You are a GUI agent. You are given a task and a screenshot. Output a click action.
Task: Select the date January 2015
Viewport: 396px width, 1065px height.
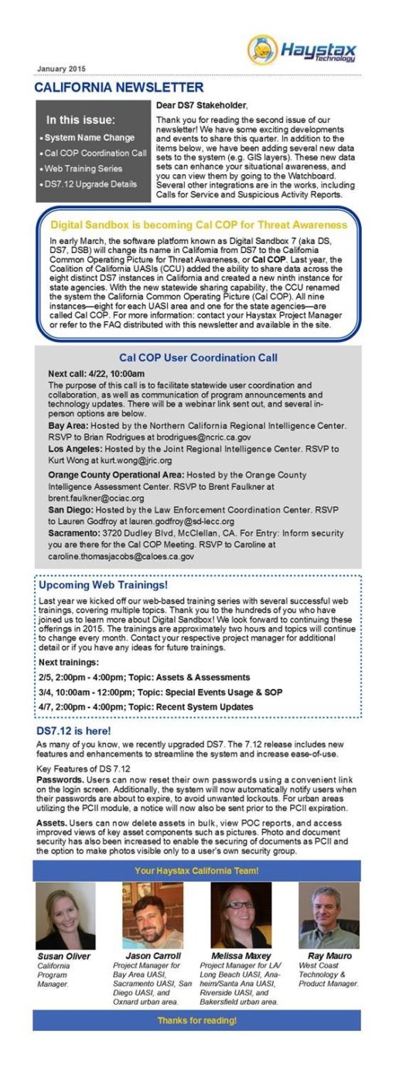[61, 68]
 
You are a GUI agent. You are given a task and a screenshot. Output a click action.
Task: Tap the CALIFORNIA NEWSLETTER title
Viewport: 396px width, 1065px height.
[119, 87]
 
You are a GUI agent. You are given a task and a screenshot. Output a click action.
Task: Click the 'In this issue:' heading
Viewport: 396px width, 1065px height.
[80, 120]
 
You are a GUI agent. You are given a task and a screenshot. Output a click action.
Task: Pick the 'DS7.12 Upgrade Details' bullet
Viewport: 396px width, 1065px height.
[91, 183]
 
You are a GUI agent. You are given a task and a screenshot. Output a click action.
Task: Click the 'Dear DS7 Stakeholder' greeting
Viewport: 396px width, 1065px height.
[202, 105]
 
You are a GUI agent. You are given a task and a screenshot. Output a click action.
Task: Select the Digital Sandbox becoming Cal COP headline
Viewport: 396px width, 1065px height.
[198, 224]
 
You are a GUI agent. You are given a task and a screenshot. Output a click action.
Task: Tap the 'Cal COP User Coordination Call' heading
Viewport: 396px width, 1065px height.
[198, 358]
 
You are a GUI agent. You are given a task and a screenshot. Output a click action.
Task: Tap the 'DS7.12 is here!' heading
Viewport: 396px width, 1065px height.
[73, 731]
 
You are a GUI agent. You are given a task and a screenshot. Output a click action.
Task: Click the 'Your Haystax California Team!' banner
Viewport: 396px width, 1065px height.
[196, 871]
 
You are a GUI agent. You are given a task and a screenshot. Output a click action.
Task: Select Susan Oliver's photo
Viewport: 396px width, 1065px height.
[65, 916]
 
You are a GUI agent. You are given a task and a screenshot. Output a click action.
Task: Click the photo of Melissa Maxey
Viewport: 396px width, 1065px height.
[241, 916]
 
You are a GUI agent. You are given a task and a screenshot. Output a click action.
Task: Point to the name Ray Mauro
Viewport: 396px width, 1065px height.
[329, 956]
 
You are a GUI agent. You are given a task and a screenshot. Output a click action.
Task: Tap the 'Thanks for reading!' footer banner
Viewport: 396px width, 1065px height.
[196, 1020]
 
